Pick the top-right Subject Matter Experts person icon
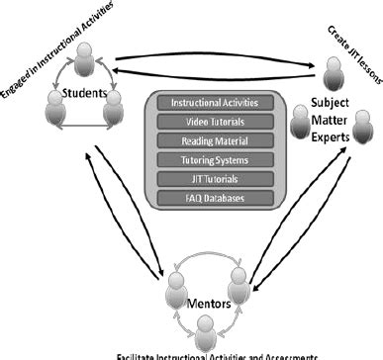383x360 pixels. coord(334,71)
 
